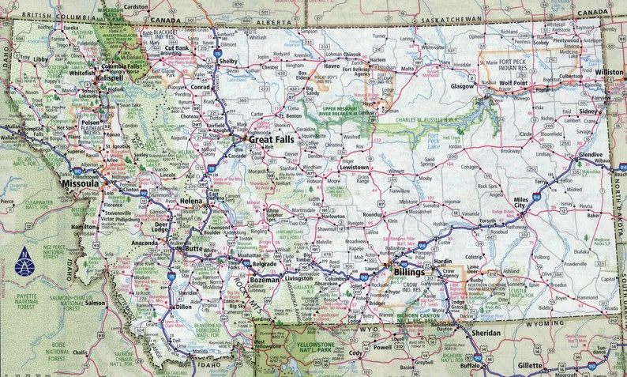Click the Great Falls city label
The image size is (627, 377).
coord(273,139)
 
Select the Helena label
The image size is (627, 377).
coord(191,202)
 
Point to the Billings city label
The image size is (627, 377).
coord(411,272)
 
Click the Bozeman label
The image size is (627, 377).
coord(264,280)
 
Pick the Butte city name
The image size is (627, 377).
coord(193,248)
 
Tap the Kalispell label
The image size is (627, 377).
coord(111,78)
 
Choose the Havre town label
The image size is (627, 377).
coord(332,66)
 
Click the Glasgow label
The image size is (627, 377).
coord(462,85)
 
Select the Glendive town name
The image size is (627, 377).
coord(590,155)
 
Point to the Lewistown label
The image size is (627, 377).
coord(353,168)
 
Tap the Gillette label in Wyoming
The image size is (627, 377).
coord(530,365)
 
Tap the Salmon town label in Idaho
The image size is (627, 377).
coord(96,303)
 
